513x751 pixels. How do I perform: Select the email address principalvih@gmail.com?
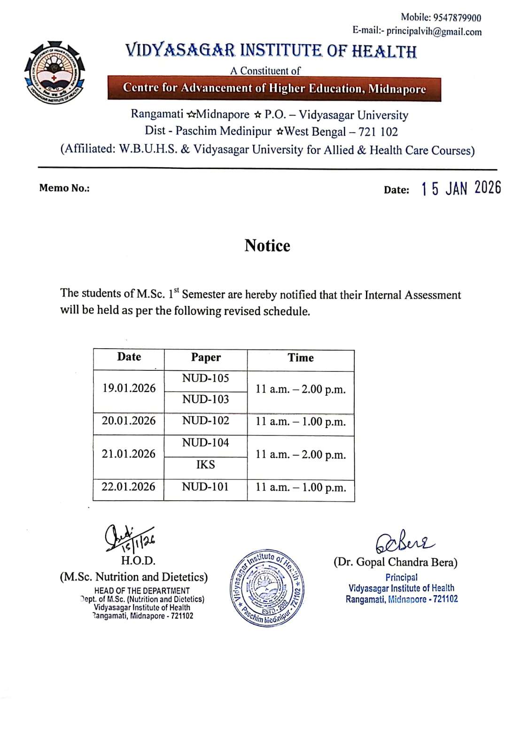tap(434, 32)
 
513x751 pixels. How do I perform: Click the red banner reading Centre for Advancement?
tap(274, 89)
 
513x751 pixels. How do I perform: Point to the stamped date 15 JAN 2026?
tap(461, 189)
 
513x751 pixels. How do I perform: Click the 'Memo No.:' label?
tap(64, 188)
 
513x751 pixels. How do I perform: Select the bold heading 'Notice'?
tap(267, 245)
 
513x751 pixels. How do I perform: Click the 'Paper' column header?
tap(206, 358)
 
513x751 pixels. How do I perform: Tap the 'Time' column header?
tap(301, 358)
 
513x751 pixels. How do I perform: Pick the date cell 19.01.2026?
tap(129, 388)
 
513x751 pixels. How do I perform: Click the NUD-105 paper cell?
tap(206, 378)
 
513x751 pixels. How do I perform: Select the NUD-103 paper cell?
tap(206, 399)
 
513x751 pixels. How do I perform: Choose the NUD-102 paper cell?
tap(206, 421)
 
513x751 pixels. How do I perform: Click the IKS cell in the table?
tap(206, 465)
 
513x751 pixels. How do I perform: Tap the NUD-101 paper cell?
tap(205, 487)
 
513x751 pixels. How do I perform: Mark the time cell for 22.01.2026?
tap(301, 487)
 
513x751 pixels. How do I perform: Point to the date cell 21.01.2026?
tap(129, 454)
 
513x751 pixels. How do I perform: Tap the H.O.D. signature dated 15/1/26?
tap(129, 538)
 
